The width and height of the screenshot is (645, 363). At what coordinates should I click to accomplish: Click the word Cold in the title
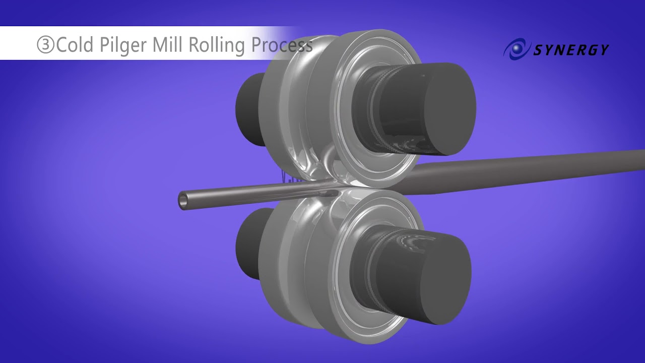(x=75, y=45)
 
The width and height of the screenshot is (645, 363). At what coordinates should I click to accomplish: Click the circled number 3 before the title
(x=45, y=45)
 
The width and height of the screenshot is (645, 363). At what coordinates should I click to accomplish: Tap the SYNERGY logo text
(x=570, y=49)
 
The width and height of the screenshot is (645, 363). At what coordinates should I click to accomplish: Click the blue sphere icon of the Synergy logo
(x=515, y=48)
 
